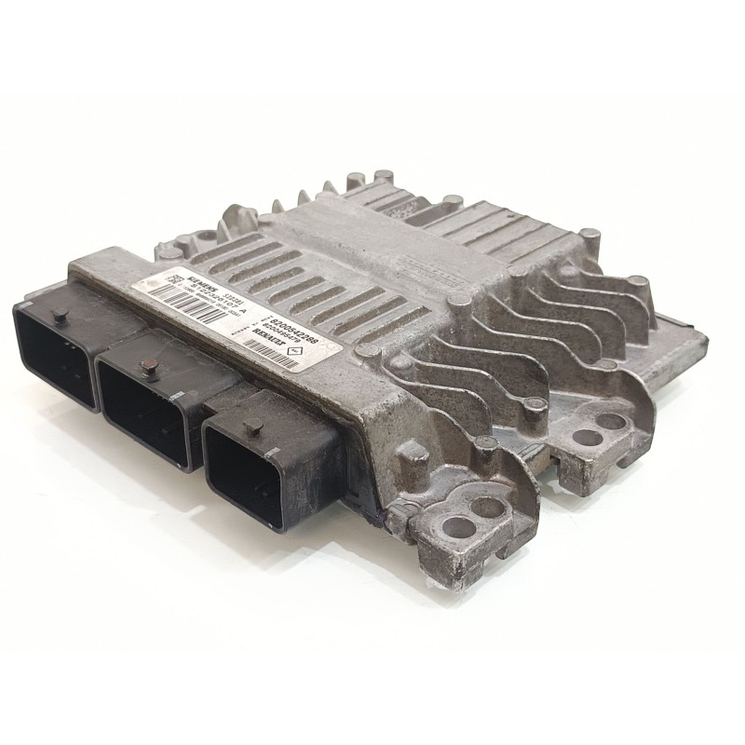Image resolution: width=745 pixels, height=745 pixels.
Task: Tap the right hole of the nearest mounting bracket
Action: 484,508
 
